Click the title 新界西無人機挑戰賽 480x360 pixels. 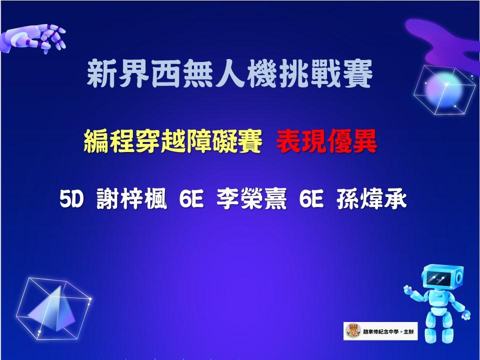pyautogui.click(x=229, y=73)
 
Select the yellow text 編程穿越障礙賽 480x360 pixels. pyautogui.click(x=173, y=141)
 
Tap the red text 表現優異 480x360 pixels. pyautogui.click(x=326, y=141)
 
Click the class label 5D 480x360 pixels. pyautogui.click(x=71, y=199)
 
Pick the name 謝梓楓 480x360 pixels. pyautogui.click(x=131, y=199)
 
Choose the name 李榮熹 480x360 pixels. pyautogui.click(x=251, y=199)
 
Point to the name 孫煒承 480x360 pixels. pyautogui.click(x=371, y=199)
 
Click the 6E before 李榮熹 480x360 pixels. pyautogui.click(x=191, y=199)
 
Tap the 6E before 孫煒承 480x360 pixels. pyautogui.click(x=311, y=199)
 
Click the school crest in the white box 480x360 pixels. pyautogui.click(x=353, y=331)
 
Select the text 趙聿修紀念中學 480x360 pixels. pyautogui.click(x=381, y=331)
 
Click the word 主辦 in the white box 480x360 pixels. pyautogui.click(x=408, y=331)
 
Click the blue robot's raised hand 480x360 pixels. pyautogui.click(x=408, y=289)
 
